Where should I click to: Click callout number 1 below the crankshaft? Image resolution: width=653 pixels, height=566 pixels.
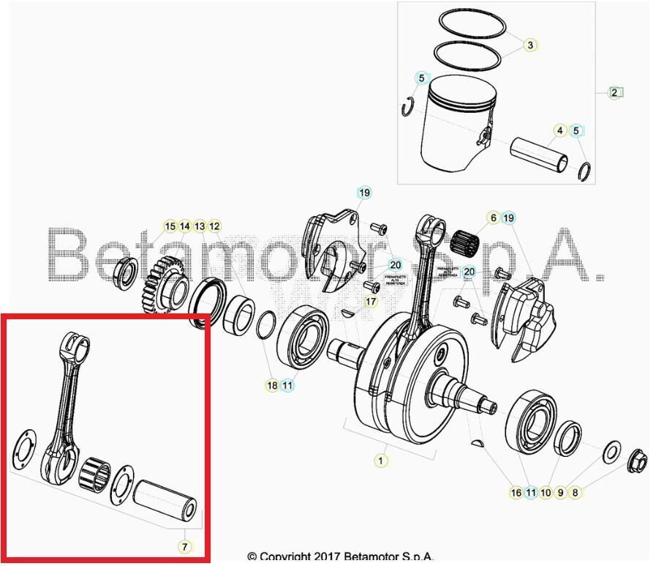(380, 461)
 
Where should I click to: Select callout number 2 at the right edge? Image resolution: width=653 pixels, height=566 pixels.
(615, 92)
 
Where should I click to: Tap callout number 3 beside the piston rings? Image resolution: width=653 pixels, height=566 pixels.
(530, 45)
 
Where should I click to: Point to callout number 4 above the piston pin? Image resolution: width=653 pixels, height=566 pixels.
(560, 131)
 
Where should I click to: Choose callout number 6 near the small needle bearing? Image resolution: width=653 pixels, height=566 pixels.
(493, 218)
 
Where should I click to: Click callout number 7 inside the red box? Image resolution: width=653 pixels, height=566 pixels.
(184, 546)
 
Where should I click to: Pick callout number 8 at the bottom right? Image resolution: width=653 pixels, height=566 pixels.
(575, 493)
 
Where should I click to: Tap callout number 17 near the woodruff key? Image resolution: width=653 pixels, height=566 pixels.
(371, 301)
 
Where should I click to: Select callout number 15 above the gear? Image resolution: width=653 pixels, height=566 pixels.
(170, 226)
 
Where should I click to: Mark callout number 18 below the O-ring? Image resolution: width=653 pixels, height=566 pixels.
(272, 385)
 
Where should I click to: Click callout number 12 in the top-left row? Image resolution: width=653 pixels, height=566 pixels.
(214, 226)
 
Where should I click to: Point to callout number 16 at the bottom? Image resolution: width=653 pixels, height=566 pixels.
(516, 493)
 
